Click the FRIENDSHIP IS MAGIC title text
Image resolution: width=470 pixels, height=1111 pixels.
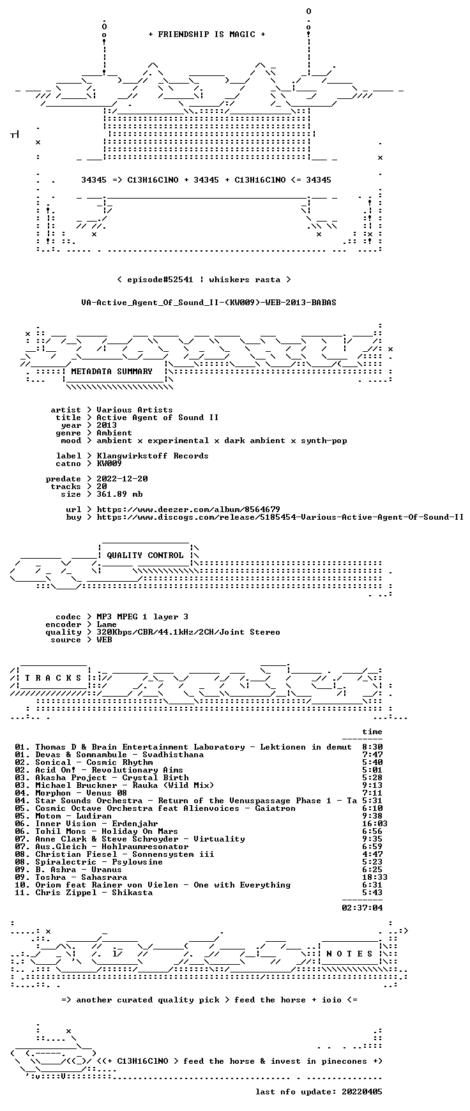206,34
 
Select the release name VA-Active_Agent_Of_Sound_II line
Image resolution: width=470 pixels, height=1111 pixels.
209,303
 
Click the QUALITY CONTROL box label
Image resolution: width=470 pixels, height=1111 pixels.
145,555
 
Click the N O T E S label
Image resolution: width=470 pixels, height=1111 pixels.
349,954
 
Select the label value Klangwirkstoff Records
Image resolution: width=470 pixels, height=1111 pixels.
153,456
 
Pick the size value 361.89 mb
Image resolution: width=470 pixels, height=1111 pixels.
119,494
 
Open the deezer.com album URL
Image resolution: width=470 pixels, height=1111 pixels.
188,510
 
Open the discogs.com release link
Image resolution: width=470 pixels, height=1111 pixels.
280,517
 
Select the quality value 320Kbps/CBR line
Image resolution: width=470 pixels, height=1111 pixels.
188,632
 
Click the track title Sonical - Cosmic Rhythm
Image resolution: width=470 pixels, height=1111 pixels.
94,762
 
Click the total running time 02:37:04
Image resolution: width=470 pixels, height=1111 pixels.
362,908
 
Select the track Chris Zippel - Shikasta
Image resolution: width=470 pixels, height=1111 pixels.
94,893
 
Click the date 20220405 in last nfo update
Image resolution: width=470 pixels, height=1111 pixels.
362,1092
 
